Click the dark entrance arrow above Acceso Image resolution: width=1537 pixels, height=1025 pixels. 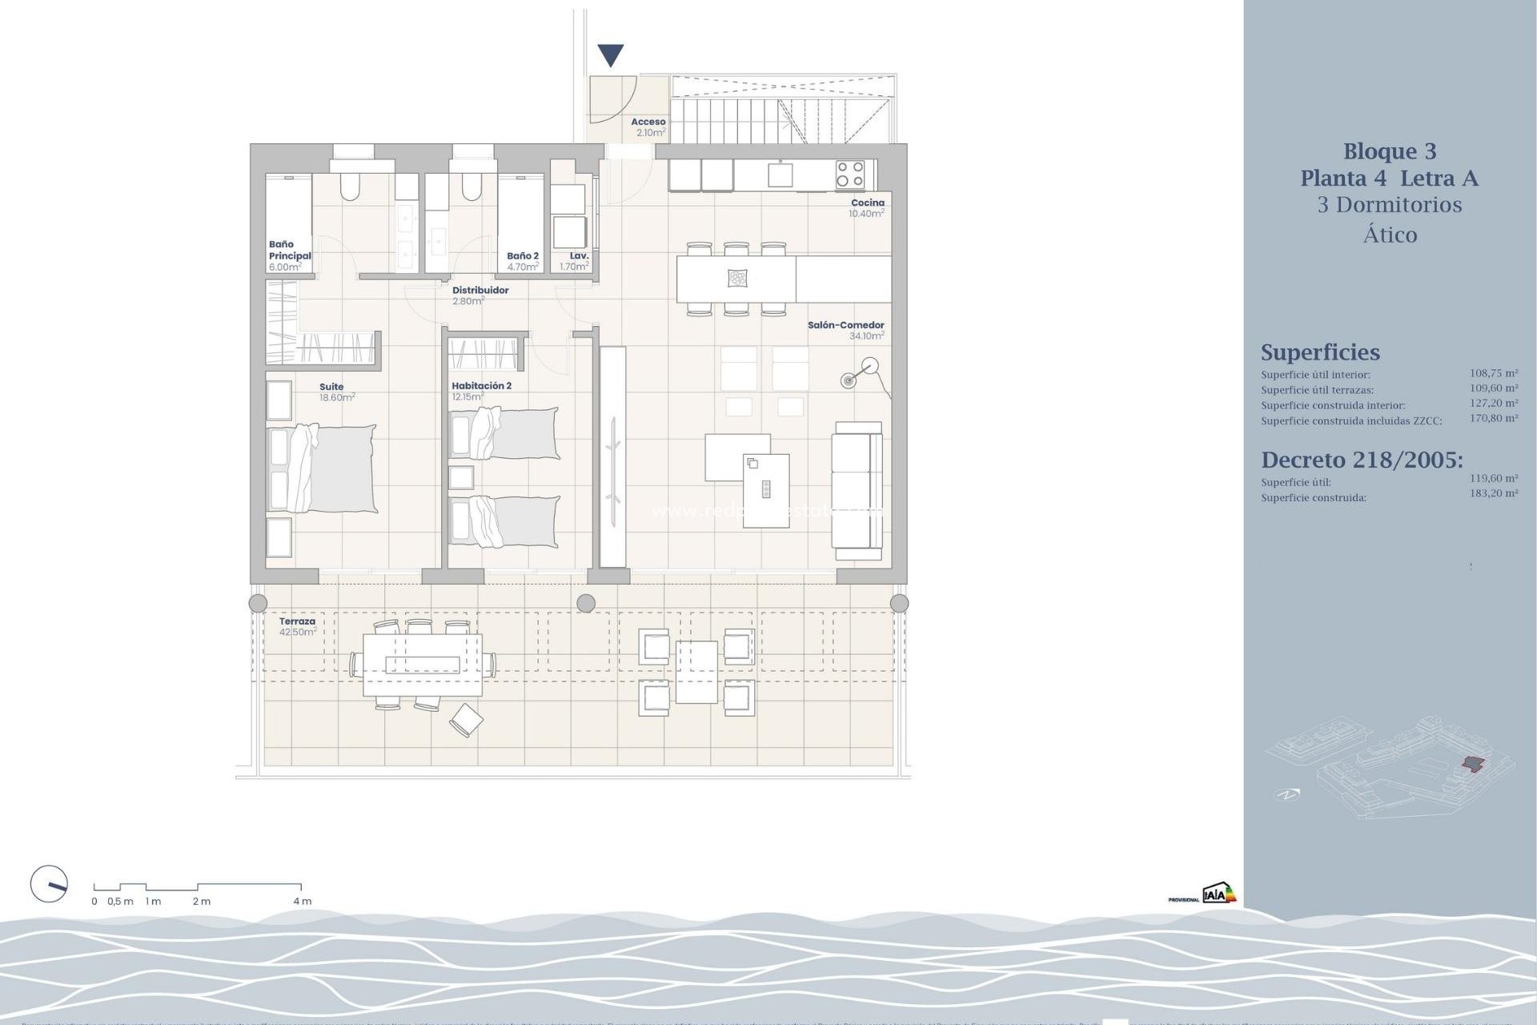pos(611,55)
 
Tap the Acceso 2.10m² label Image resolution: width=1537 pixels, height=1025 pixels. pos(649,127)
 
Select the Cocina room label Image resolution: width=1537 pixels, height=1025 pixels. pos(867,203)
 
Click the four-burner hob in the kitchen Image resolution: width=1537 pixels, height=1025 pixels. pos(849,175)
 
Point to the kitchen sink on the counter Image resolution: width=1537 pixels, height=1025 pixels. pos(780,174)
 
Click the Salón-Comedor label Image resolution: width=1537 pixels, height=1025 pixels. pos(845,325)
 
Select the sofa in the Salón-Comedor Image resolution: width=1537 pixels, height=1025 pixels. pos(857,490)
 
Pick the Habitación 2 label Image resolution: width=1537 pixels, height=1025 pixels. pos(481,386)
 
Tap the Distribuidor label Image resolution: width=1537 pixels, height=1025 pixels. pos(480,291)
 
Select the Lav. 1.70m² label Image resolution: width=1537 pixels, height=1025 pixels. pos(576,261)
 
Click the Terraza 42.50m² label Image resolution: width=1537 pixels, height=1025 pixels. pos(297,626)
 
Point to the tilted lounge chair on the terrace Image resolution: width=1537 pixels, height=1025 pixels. pos(466,719)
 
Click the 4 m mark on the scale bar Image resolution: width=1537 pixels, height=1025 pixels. pos(302,901)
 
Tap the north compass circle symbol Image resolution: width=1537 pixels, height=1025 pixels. pos(49,885)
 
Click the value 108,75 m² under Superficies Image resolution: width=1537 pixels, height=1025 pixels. pos(1493,373)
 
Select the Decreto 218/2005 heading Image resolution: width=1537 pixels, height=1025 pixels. pos(1361,460)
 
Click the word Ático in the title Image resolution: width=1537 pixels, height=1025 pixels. pos(1390,235)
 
